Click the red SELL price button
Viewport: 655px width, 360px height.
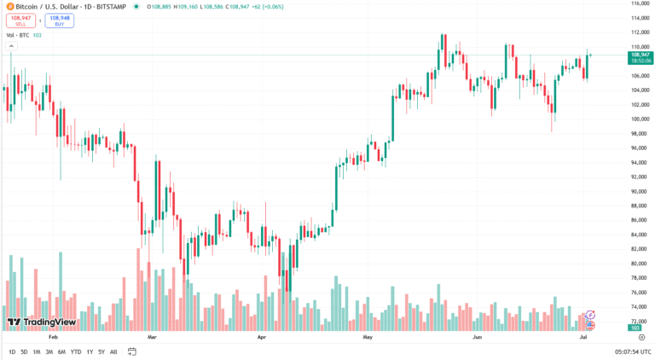pyautogui.click(x=20, y=20)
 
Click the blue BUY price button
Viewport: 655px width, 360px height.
pyautogui.click(x=59, y=20)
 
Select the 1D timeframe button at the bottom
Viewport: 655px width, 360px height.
pyautogui.click(x=12, y=351)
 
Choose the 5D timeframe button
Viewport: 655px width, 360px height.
pyautogui.click(x=24, y=351)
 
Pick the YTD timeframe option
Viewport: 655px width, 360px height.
pyautogui.click(x=76, y=351)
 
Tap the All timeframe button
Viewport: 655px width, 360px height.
pyautogui.click(x=113, y=351)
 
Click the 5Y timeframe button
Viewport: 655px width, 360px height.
pyautogui.click(x=101, y=351)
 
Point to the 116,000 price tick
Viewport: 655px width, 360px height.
pyautogui.click(x=641, y=3)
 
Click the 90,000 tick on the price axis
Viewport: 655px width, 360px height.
pyautogui.click(x=640, y=191)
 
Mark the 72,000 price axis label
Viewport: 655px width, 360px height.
pyautogui.click(x=640, y=321)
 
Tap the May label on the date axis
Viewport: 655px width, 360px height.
pyautogui.click(x=368, y=338)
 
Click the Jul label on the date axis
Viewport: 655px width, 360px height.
pyautogui.click(x=583, y=338)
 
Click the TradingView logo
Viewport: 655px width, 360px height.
pyautogui.click(x=42, y=322)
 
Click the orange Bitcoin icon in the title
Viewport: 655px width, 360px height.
pyautogui.click(x=9, y=7)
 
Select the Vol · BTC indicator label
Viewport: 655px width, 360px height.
pyautogui.click(x=17, y=35)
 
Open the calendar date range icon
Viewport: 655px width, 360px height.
pyautogui.click(x=132, y=351)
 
